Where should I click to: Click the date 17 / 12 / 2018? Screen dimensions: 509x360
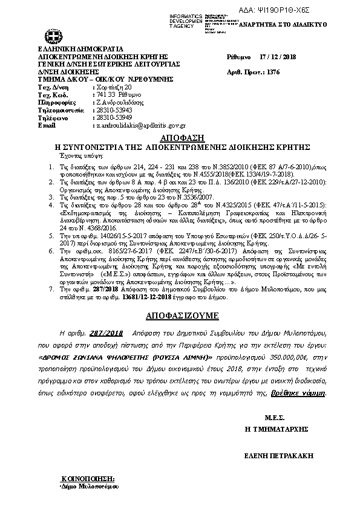pos(276,55)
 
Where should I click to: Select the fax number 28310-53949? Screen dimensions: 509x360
pos(114,118)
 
